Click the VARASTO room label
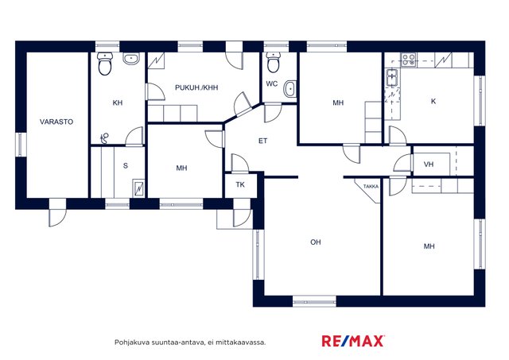click(x=56, y=122)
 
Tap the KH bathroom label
click(x=118, y=103)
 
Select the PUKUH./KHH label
click(x=196, y=87)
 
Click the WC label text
click(x=272, y=83)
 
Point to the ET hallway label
click(x=262, y=141)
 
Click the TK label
click(x=240, y=185)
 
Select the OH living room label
click(x=316, y=242)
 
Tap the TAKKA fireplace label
click(x=371, y=187)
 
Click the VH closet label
click(x=429, y=165)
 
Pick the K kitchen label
click(x=433, y=101)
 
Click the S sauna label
click(x=126, y=166)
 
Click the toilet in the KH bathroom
click(x=105, y=64)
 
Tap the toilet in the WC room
click(x=273, y=63)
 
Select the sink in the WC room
click(x=289, y=89)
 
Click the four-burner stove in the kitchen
click(x=408, y=60)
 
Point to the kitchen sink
click(x=392, y=78)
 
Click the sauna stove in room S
click(x=138, y=188)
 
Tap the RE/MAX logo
click(x=353, y=341)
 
